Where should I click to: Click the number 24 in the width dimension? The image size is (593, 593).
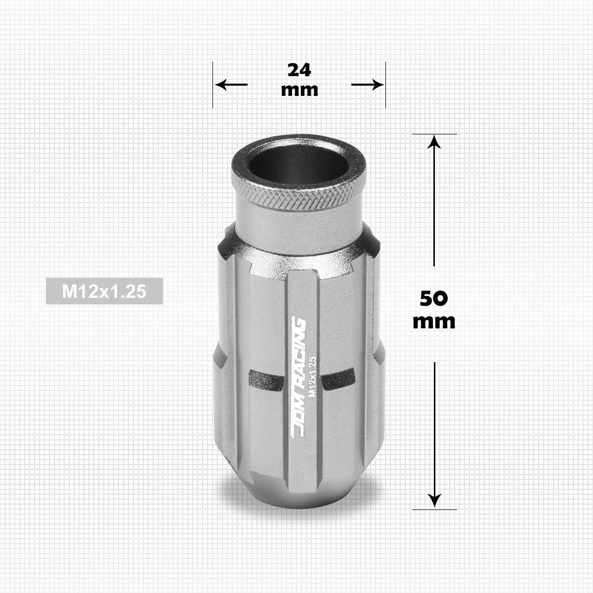coord(299,70)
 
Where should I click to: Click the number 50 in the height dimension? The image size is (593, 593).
coord(433,298)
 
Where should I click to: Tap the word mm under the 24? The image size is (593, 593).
coord(299,90)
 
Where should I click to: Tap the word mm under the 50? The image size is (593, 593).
coord(434,322)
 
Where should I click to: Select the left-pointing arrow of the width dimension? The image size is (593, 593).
coord(231,85)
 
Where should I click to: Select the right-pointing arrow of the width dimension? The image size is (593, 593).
coord(368,85)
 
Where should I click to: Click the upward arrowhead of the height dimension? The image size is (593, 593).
coord(434,142)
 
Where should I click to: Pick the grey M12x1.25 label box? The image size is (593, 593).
coord(104,291)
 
